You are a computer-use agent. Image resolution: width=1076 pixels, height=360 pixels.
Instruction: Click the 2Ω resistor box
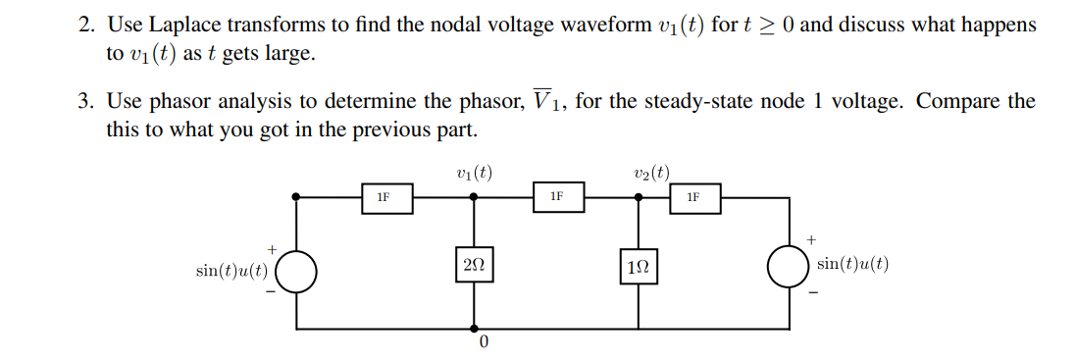point(474,266)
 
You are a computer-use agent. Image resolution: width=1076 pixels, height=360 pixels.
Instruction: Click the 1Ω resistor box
point(639,267)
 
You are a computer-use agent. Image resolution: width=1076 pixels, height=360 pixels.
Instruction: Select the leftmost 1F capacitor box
point(384,196)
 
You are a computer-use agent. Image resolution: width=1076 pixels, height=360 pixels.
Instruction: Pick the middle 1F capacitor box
point(556,196)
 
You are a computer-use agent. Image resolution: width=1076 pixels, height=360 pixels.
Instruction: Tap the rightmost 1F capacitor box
point(693,197)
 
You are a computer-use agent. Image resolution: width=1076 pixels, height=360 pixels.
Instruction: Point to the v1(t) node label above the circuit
point(474,174)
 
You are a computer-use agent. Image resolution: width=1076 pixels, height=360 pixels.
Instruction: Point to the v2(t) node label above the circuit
point(652,174)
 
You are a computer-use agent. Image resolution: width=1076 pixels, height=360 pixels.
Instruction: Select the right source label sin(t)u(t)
point(851,265)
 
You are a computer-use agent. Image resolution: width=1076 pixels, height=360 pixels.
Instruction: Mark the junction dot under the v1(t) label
point(474,196)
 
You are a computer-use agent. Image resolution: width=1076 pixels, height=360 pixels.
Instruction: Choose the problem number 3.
point(84,102)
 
